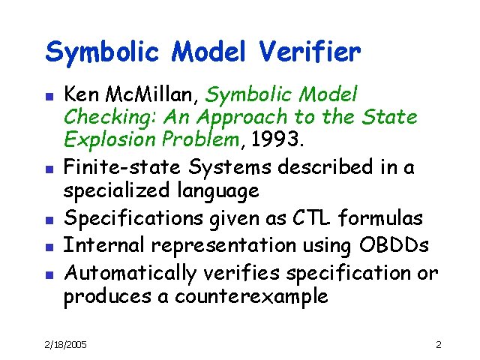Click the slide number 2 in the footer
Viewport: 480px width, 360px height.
coord(439,344)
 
